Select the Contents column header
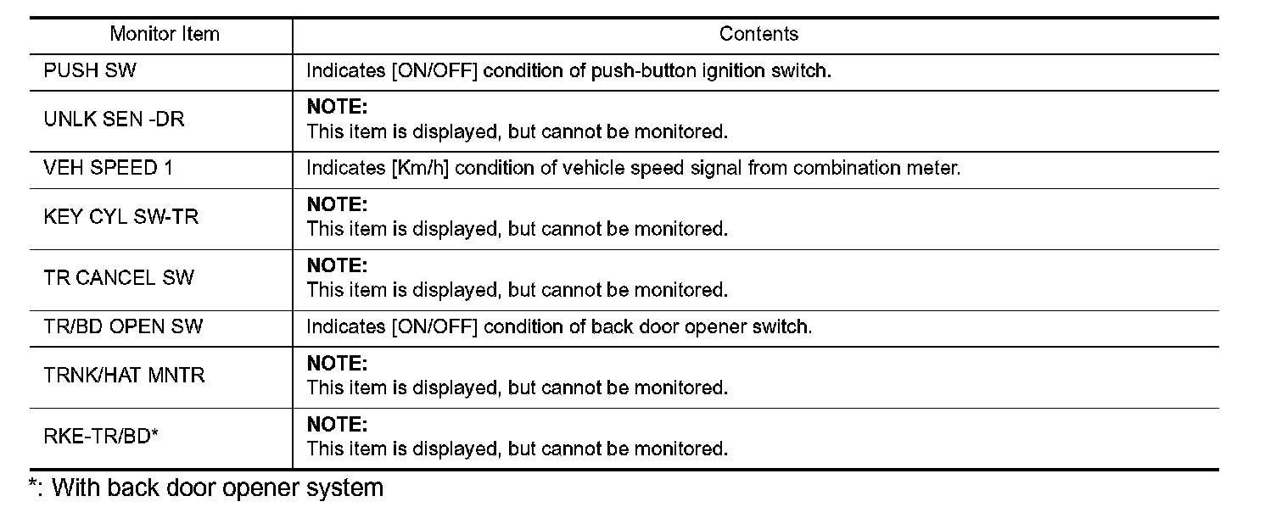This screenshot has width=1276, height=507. click(758, 35)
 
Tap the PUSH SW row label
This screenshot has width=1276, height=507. click(89, 71)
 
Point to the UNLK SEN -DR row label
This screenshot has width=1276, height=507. click(114, 120)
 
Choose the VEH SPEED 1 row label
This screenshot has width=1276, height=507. click(108, 168)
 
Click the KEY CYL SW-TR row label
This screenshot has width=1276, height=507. click(120, 217)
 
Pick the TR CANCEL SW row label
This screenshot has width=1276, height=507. click(119, 278)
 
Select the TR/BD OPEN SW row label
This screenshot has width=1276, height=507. click(123, 326)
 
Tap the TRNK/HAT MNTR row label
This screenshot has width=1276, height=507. click(124, 376)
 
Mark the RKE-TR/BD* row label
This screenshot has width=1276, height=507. click(102, 437)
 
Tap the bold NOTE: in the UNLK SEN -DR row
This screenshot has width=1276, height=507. click(337, 108)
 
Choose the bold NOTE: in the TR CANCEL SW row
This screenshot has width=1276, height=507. click(337, 266)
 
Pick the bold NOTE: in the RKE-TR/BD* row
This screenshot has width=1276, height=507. click(337, 425)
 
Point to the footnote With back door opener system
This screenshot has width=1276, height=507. click(217, 488)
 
